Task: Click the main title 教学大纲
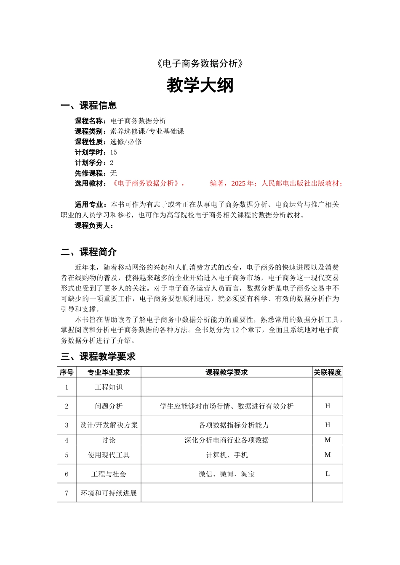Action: [x=200, y=85]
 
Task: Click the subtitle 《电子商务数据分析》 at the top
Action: [x=200, y=63]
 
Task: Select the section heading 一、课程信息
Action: [x=88, y=106]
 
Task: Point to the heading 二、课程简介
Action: [x=88, y=252]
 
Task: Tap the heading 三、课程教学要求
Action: [x=98, y=356]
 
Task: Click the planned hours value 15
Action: [x=114, y=152]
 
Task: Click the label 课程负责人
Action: [x=94, y=226]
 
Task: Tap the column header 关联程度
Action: [x=328, y=372]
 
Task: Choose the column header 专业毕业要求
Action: [x=109, y=372]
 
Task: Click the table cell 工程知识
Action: [x=109, y=387]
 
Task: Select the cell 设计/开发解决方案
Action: [x=109, y=425]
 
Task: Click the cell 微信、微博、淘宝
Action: [x=227, y=474]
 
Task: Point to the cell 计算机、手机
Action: [x=227, y=455]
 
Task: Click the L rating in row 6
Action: [x=328, y=474]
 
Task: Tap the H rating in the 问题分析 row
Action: [x=328, y=406]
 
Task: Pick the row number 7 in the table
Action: [x=67, y=493]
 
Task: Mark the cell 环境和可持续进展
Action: [x=109, y=493]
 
